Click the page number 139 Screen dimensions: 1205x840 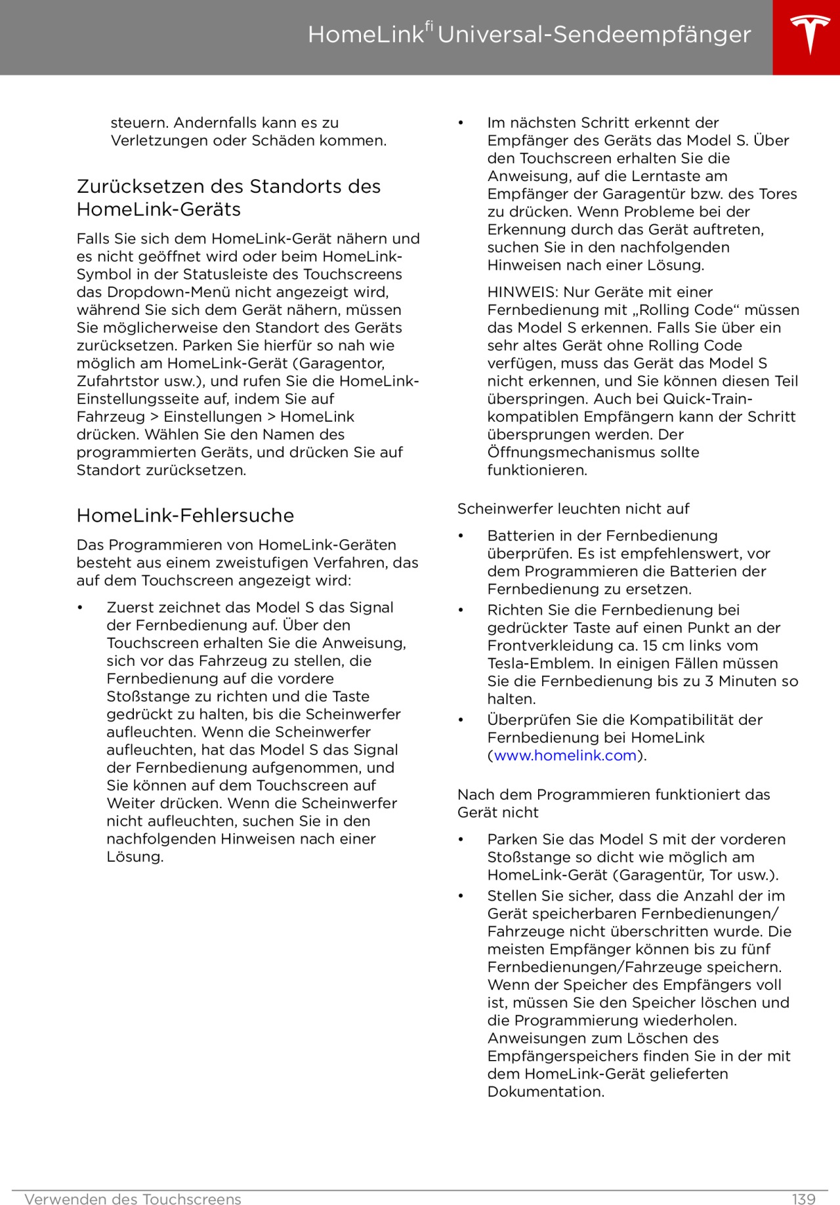tap(803, 1199)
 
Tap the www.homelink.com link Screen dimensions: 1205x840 tap(565, 755)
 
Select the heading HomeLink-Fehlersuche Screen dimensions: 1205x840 tap(185, 516)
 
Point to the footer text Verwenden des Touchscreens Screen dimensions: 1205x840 tap(133, 1199)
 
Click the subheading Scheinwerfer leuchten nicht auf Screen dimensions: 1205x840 tap(573, 508)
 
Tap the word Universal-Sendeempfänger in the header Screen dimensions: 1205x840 tap(594, 34)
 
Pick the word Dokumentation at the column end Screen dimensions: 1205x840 tap(545, 1092)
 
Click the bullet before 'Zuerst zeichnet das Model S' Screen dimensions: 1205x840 tap(80, 607)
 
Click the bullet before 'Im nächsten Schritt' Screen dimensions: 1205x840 tap(461, 123)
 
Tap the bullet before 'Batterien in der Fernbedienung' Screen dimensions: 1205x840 tap(461, 536)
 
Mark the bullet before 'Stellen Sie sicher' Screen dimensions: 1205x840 tap(461, 896)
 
